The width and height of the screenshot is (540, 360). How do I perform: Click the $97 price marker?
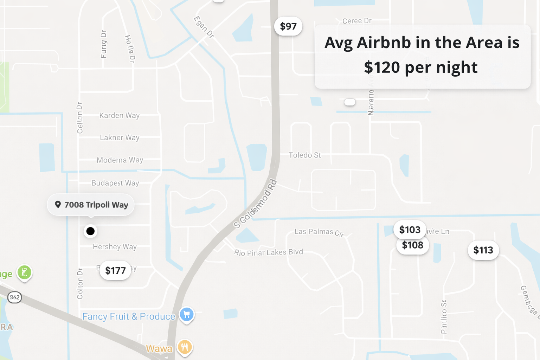[288, 26]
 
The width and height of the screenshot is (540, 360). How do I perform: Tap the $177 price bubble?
[115, 270]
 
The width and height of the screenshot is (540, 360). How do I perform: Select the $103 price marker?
[410, 230]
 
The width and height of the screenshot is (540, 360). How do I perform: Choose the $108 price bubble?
[413, 245]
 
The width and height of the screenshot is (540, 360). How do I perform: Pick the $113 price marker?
[483, 250]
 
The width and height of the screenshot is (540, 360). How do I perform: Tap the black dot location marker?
[90, 231]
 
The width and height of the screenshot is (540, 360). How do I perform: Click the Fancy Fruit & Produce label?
[129, 316]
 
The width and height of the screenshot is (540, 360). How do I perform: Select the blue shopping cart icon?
[187, 314]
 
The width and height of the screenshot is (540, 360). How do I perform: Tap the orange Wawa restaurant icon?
[185, 347]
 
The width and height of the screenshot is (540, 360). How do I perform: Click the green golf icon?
[25, 272]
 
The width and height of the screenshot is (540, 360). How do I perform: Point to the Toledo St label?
[304, 155]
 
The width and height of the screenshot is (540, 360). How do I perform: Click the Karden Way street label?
[119, 115]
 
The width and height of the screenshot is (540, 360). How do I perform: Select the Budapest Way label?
[115, 183]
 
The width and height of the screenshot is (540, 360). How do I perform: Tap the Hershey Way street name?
[115, 247]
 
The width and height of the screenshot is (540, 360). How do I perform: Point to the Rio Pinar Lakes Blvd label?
[269, 252]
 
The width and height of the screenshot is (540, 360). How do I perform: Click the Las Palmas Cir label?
[319, 232]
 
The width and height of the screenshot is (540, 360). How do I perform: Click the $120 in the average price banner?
[382, 67]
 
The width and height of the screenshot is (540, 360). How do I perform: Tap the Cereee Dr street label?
[357, 21]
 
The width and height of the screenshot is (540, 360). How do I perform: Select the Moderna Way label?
[120, 160]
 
